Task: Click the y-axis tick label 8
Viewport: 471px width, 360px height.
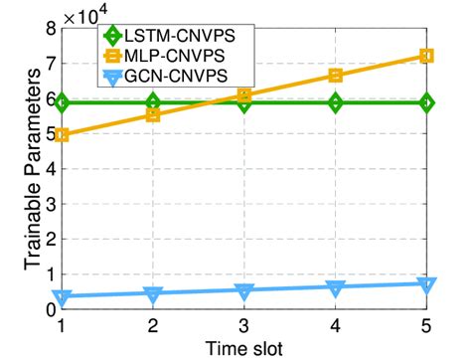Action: click(50, 29)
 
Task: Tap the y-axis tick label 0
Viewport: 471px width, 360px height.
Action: click(50, 309)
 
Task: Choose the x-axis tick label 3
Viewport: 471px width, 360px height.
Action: click(244, 324)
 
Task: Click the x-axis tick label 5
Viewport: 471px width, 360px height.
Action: click(427, 324)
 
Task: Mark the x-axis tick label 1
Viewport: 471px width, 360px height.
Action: click(63, 324)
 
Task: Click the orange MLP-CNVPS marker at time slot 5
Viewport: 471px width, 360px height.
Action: click(427, 56)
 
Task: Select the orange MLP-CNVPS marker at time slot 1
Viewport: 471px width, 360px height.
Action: click(63, 134)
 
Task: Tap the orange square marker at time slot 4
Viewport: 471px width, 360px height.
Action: click(336, 76)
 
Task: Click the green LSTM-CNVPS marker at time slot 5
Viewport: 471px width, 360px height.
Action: click(427, 102)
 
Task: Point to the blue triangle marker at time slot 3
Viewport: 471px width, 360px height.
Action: click(244, 291)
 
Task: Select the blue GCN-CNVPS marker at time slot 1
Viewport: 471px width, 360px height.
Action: click(63, 297)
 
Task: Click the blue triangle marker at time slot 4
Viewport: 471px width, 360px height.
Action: click(336, 287)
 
